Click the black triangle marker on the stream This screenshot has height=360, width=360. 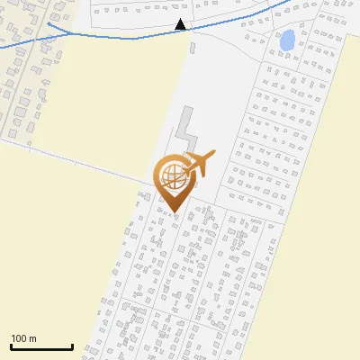point(181,25)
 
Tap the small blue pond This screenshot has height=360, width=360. point(287,40)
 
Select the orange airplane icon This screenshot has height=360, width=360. point(196,166)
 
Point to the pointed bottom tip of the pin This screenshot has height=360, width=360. point(174,212)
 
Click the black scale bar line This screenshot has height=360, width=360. point(41,346)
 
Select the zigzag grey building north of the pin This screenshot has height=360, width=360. point(189,130)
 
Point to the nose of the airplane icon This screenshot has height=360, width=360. point(214,155)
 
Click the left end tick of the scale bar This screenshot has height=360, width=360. point(12,346)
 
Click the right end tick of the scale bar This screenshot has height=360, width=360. point(72,346)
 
